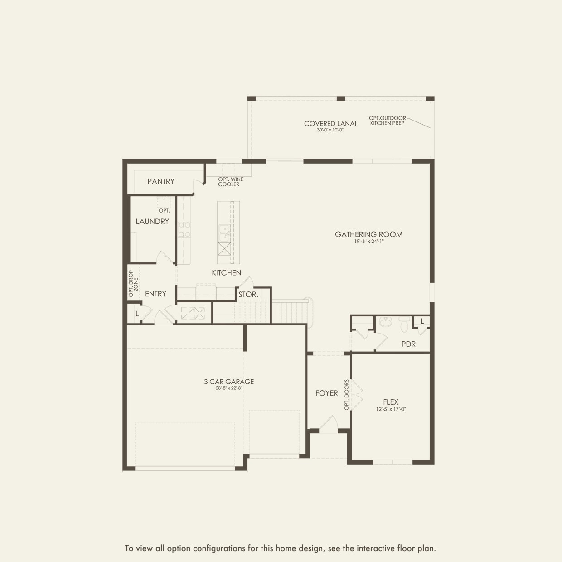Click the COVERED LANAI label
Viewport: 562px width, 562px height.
tap(330, 123)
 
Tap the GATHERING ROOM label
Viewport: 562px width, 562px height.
tap(368, 234)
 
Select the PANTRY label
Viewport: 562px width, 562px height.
tap(161, 181)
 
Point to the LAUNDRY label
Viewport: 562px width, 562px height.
tap(152, 221)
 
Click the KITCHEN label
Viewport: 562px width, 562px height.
tap(226, 272)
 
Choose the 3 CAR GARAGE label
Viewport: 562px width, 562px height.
tap(229, 382)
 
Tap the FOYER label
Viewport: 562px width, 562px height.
tap(326, 393)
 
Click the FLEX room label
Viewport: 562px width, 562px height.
tap(391, 402)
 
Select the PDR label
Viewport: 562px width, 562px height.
tap(408, 344)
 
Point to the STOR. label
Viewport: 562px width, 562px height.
tap(248, 294)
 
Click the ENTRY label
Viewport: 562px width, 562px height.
tap(155, 294)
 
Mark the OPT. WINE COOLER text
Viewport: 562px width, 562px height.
tap(230, 182)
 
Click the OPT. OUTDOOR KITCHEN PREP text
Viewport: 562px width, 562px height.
tap(388, 121)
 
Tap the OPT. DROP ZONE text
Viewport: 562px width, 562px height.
tap(133, 284)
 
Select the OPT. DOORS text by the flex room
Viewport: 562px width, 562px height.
tap(347, 395)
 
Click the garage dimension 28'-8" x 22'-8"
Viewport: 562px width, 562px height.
tap(229, 388)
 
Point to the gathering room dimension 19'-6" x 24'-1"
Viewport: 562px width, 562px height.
tap(368, 242)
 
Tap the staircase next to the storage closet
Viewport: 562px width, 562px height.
tap(290, 312)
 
